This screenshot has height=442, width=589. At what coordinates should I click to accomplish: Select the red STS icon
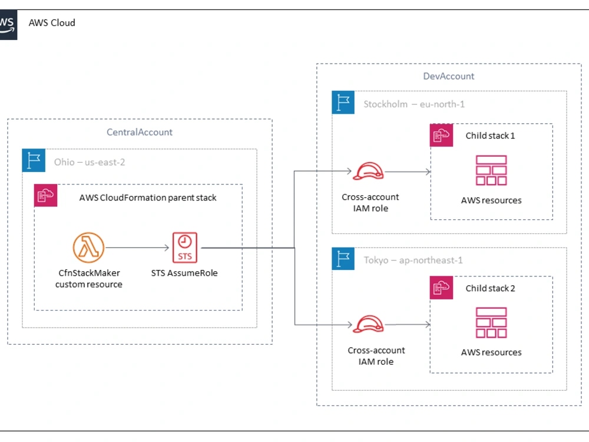point(184,248)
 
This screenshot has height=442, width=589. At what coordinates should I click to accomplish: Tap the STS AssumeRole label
point(184,273)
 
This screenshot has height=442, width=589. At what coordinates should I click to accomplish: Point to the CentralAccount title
point(140,132)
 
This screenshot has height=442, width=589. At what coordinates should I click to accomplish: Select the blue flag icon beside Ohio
point(34,160)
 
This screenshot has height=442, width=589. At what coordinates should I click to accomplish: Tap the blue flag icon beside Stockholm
point(343,103)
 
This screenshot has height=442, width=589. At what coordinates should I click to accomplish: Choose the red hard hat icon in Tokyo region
point(369,324)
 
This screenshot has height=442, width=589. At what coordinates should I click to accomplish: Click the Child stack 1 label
point(490,136)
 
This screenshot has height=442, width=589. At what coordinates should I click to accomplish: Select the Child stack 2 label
point(490,288)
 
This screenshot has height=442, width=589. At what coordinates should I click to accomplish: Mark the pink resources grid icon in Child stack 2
point(491,323)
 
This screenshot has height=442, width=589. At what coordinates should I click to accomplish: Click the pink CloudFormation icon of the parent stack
point(45,195)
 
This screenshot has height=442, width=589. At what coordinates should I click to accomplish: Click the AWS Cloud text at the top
point(52,23)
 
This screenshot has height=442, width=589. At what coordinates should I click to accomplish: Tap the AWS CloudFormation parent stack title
point(148,197)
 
